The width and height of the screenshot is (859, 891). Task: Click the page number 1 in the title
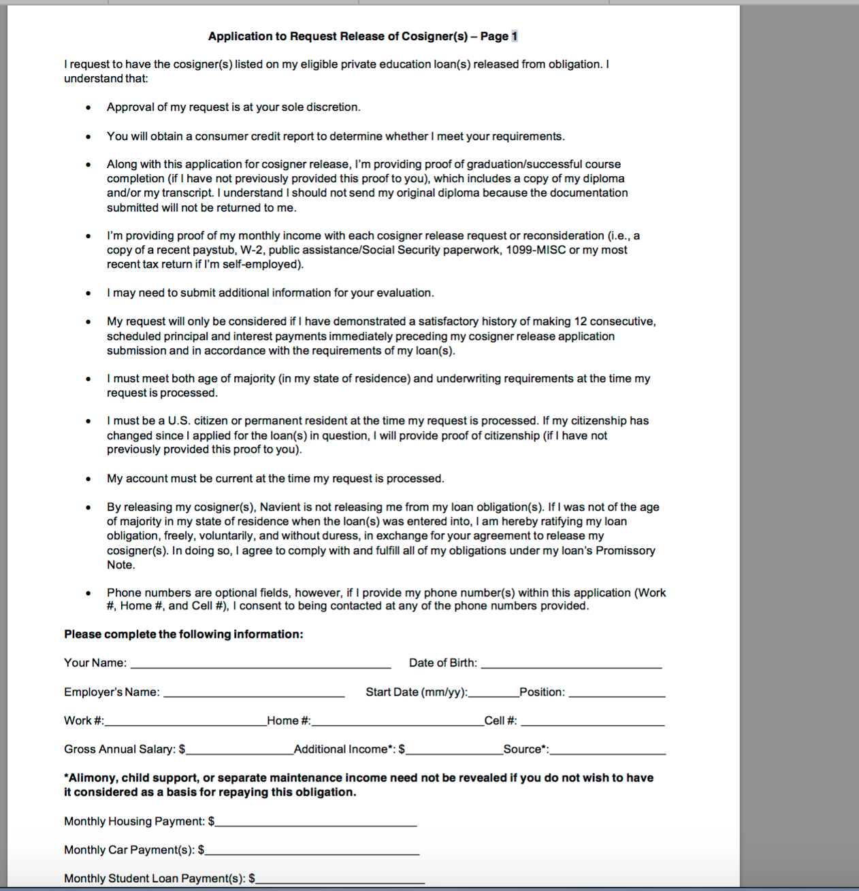point(515,37)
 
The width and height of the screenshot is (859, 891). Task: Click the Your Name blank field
point(261,663)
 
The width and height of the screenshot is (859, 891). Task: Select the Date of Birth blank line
point(571,663)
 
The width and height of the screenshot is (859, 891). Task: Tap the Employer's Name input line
point(254,692)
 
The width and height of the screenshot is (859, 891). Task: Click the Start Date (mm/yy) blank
point(493,692)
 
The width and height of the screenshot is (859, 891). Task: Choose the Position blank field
point(617,692)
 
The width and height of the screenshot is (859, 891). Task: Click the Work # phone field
point(185,721)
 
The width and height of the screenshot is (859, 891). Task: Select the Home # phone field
point(397,721)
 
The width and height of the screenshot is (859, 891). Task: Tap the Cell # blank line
point(592,721)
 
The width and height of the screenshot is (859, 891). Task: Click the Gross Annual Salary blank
point(240,750)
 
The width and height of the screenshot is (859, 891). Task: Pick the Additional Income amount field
point(454,750)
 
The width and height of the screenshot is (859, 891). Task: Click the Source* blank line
point(607,750)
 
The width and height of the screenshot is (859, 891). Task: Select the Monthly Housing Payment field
point(316,822)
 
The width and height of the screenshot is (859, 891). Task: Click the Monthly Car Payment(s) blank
point(312,850)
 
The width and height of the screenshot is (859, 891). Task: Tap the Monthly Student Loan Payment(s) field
point(340,879)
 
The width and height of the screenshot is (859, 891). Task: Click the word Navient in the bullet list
point(282,507)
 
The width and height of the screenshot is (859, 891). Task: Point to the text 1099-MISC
point(536,250)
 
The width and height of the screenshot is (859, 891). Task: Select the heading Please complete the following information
point(183,635)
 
